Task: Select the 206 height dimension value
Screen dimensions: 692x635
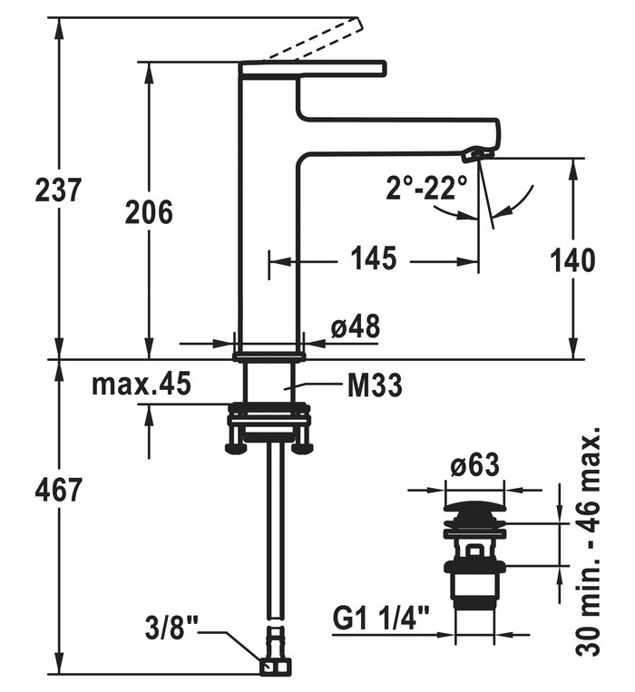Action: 149,212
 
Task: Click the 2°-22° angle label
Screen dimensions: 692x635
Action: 426,188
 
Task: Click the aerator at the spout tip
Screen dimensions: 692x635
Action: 474,155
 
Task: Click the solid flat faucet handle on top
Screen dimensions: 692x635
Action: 313,67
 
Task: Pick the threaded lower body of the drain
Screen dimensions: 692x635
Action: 474,589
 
